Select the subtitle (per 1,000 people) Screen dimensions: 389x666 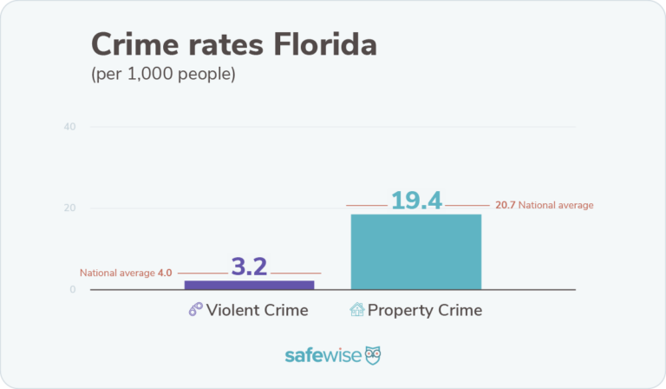point(163,74)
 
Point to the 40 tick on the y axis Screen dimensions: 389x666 point(69,127)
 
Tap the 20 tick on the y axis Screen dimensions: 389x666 point(69,208)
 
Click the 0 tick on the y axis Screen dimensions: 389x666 point(72,289)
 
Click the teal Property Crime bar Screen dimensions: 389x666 point(415,252)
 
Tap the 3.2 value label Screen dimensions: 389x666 point(250,267)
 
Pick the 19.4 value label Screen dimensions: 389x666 point(416,201)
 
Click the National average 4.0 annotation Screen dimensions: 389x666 point(127,273)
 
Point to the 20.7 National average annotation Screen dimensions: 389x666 point(544,206)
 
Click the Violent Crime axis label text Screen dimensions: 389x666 point(258,310)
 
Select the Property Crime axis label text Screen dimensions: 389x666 point(424,310)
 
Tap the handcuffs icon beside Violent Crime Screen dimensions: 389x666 point(196,310)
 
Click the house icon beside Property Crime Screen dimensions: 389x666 point(356,310)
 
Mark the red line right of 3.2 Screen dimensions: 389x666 point(296,273)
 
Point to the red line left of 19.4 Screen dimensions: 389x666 point(366,206)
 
